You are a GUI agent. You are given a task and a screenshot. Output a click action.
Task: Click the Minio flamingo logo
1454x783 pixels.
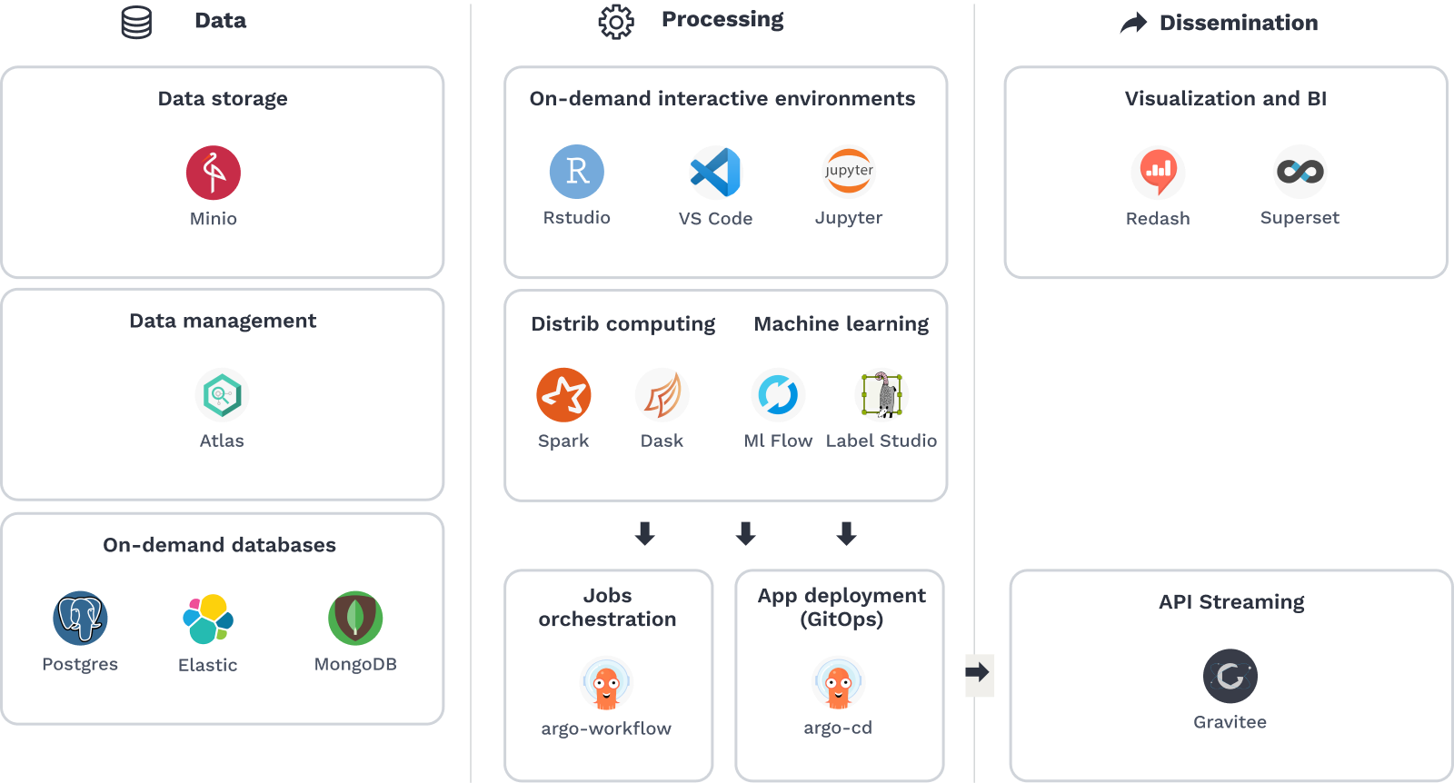coord(214,173)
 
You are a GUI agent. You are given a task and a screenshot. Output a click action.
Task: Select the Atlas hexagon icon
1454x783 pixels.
coord(222,395)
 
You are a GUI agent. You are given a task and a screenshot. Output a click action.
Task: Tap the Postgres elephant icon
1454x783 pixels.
coord(80,619)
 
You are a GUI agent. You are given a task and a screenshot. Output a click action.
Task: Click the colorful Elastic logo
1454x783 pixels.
coord(208,619)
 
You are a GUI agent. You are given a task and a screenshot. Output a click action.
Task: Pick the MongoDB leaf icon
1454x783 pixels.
coord(355,619)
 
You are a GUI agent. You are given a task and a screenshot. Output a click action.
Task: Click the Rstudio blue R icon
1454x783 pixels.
coord(577,172)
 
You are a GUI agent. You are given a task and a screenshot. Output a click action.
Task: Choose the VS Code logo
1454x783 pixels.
coord(716,173)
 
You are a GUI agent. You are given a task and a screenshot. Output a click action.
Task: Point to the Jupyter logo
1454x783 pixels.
coord(849,172)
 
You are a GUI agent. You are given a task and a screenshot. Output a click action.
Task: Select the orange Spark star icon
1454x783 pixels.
coord(563,395)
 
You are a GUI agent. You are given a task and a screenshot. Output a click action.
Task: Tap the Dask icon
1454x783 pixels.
coord(662,395)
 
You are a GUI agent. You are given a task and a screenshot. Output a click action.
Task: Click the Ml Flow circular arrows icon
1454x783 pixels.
coord(778,395)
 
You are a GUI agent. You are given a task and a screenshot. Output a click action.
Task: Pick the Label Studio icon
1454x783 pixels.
coord(881,395)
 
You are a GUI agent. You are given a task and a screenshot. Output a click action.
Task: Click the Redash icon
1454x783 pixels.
coord(1158,173)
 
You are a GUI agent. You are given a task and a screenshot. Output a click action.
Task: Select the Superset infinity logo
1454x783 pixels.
coord(1300,172)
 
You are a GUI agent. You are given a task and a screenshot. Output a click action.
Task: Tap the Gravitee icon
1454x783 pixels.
coord(1230,676)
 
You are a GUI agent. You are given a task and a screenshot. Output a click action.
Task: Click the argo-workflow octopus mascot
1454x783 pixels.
coord(606,683)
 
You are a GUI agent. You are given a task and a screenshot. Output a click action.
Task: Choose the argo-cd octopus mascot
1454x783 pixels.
coord(838,683)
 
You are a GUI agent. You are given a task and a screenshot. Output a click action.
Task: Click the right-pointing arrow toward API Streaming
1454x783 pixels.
coord(980,675)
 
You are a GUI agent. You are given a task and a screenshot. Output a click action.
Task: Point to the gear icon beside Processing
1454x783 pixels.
coord(616,22)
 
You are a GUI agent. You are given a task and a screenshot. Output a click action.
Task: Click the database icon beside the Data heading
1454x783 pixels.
coord(136,23)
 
